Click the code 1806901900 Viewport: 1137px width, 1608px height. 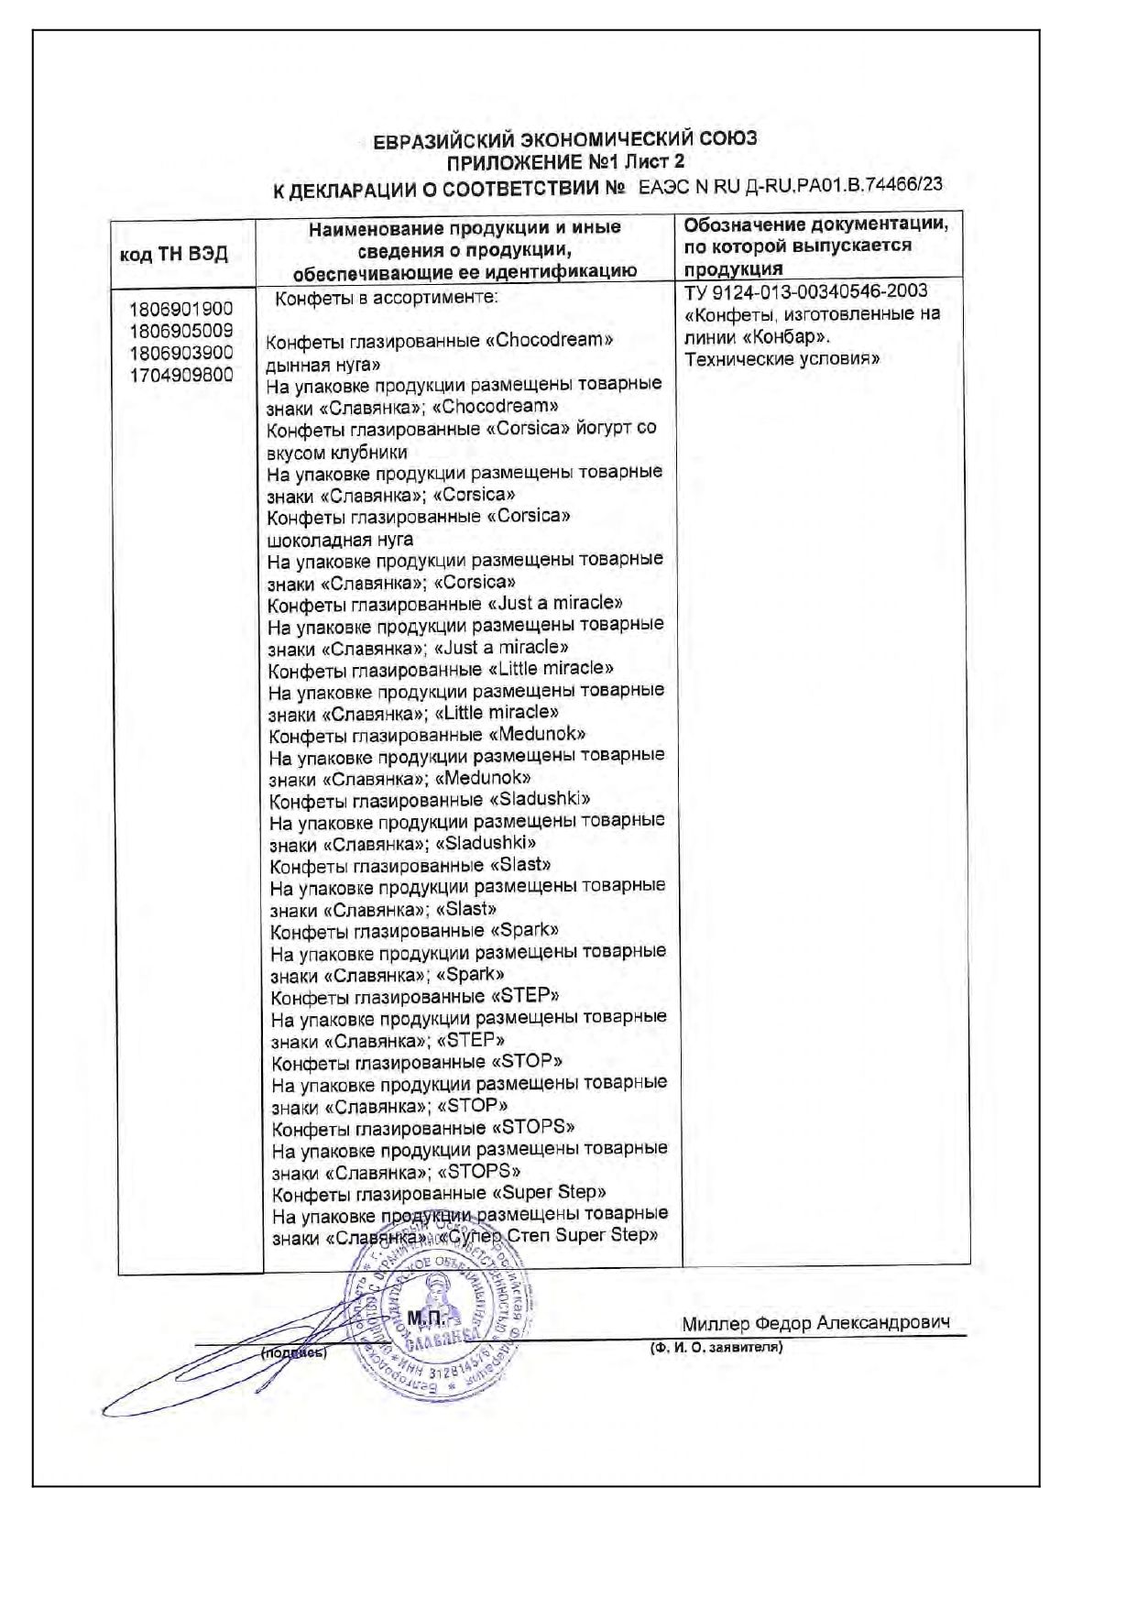181,309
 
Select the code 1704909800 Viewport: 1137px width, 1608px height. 181,375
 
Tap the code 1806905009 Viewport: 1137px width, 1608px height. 181,331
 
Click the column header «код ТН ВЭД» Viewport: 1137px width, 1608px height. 174,254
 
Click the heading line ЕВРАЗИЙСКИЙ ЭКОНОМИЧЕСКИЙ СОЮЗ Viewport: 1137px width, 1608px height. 565,139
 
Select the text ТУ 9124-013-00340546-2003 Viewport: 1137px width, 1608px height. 806,291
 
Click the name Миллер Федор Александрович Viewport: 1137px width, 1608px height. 815,1323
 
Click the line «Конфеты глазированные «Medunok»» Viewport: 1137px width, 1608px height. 428,735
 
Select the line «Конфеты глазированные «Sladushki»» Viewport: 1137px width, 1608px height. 431,800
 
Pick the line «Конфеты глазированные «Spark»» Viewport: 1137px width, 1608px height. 415,931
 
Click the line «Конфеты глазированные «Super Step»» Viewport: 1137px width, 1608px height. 440,1193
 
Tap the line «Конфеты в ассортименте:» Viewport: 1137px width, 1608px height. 388,299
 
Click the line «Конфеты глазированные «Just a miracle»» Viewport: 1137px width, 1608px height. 445,604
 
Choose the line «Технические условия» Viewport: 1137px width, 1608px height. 782,359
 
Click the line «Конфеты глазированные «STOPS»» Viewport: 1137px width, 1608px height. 424,1127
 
